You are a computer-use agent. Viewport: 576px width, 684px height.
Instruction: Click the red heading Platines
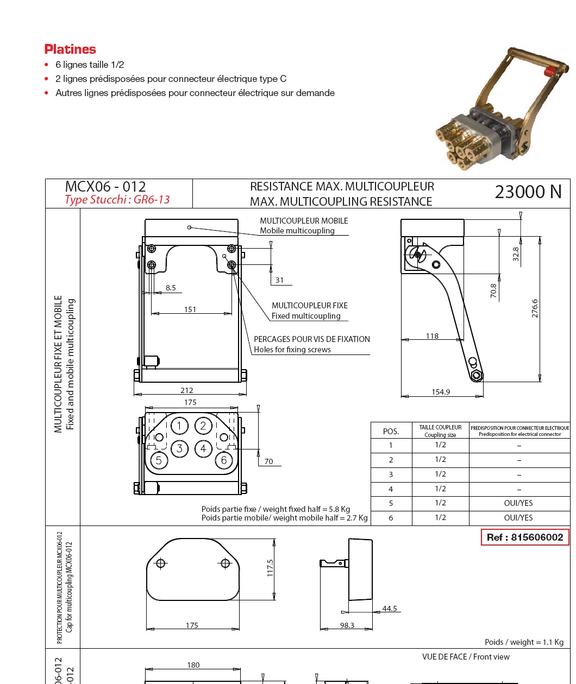coord(70,49)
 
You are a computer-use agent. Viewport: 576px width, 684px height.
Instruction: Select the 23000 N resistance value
coord(528,192)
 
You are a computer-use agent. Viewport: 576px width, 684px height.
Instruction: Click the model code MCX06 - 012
coord(105,187)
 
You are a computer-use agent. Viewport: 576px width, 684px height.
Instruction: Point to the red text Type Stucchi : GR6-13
coord(117,200)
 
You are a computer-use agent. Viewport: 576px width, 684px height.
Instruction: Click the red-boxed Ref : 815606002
coord(525,537)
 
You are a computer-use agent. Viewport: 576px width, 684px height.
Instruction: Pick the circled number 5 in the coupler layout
coord(159,461)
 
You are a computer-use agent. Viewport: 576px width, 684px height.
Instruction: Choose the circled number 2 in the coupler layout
coord(203,426)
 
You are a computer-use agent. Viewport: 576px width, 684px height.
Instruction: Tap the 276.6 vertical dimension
coord(535,308)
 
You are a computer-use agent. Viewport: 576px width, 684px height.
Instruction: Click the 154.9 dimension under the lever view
coord(441,392)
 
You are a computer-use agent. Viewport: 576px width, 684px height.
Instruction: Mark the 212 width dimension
coord(187,390)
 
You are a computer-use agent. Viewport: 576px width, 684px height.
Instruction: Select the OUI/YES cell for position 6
coord(518,518)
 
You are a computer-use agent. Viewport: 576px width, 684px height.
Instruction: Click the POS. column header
coord(391,432)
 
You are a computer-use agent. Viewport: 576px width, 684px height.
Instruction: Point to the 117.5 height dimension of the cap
coord(270,568)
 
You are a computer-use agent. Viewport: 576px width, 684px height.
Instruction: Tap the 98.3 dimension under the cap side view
coord(347,625)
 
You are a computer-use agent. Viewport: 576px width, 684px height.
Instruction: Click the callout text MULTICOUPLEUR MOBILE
coord(304,221)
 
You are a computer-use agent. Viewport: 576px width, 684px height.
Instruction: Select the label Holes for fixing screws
coord(292,350)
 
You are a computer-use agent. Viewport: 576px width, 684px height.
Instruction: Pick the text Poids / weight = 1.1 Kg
coord(524,642)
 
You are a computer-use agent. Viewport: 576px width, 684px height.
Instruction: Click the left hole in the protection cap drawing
coord(160,563)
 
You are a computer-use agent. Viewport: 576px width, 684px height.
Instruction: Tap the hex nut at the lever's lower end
coord(477,375)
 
